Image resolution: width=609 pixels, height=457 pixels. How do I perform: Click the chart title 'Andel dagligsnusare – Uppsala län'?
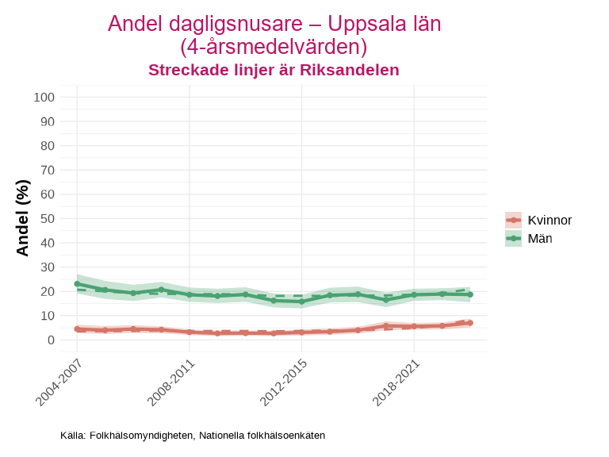(x=274, y=24)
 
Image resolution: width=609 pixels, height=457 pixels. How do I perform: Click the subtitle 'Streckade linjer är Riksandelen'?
(x=274, y=70)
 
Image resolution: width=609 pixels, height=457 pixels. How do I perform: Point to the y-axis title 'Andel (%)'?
(x=23, y=218)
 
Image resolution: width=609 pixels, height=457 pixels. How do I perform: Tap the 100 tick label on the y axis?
(x=44, y=98)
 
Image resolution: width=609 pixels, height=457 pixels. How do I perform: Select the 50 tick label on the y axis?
(x=48, y=218)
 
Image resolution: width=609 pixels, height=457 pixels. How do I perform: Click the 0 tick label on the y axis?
(x=51, y=340)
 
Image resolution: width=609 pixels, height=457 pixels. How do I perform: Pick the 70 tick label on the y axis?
(x=48, y=170)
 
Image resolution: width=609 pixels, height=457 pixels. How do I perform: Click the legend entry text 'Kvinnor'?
(x=550, y=221)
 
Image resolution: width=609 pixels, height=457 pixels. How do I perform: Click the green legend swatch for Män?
(x=514, y=238)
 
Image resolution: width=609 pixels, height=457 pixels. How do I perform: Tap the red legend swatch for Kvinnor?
(x=514, y=221)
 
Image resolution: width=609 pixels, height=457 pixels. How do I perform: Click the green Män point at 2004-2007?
(x=77, y=284)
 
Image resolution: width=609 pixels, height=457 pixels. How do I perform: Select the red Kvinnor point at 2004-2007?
(x=77, y=328)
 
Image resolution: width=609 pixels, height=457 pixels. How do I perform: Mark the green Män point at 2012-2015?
(x=301, y=301)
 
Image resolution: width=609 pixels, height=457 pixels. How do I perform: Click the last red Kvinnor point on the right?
(x=470, y=323)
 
